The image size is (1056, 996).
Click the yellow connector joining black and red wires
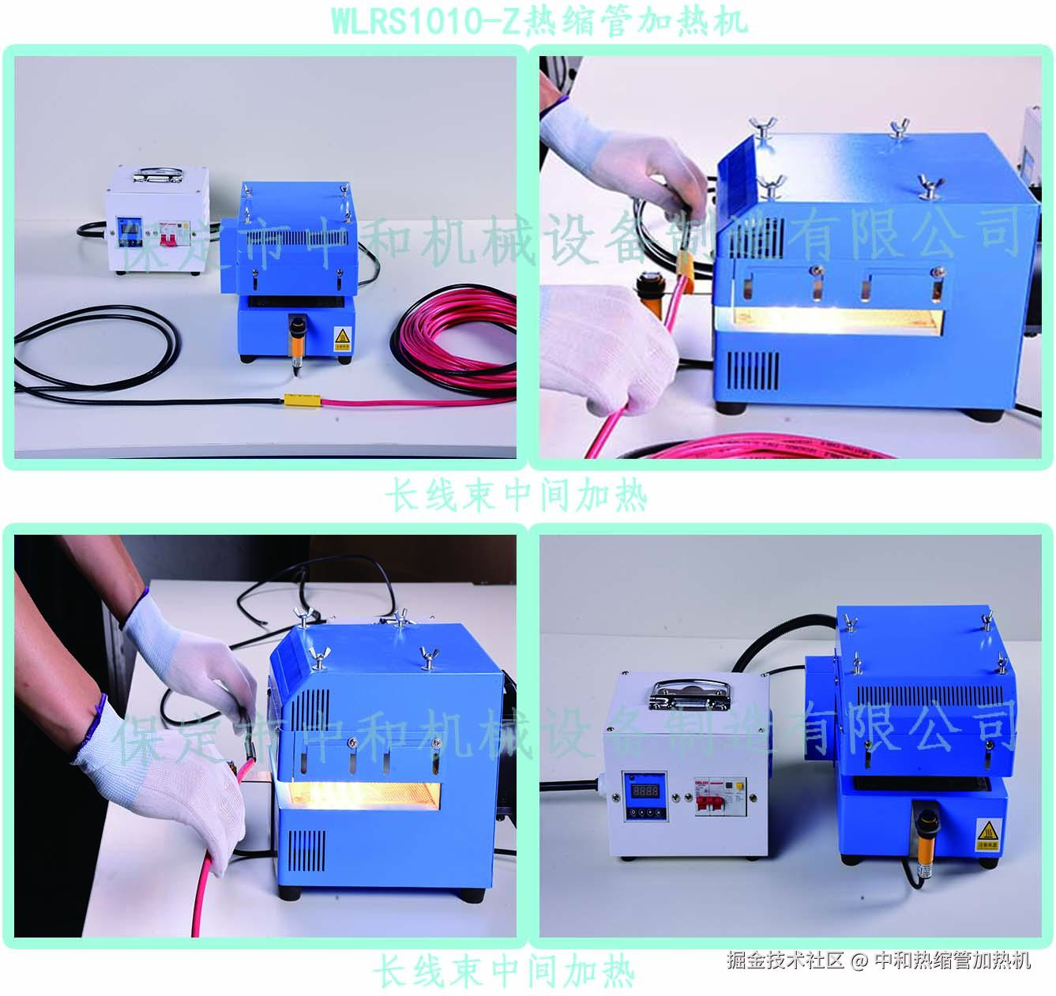[x=302, y=400]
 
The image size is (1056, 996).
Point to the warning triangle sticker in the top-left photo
[x=341, y=336]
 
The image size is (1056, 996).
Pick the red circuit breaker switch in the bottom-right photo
[x=708, y=803]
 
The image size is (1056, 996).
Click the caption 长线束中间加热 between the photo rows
[x=517, y=496]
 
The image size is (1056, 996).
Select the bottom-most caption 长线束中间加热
[x=504, y=971]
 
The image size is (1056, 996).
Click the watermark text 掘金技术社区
[x=785, y=960]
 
